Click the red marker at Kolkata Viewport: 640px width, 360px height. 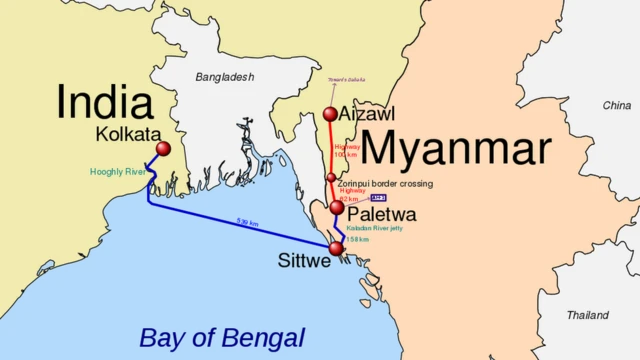(x=164, y=149)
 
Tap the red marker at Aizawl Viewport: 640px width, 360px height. (x=331, y=114)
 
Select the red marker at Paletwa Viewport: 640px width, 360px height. (x=337, y=207)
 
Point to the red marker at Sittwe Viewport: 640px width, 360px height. (x=336, y=247)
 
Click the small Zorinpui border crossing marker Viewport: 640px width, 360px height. (x=331, y=177)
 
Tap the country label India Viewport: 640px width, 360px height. (x=104, y=102)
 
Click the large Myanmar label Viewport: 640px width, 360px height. (x=455, y=149)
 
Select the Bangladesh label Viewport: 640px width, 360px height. (x=225, y=77)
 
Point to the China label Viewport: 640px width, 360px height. (x=616, y=105)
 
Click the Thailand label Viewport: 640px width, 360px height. (x=587, y=315)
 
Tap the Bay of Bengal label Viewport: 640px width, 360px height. (x=222, y=337)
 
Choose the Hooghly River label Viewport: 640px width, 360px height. (x=118, y=172)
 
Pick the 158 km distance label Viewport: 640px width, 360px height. (x=358, y=240)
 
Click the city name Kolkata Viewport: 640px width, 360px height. (x=129, y=134)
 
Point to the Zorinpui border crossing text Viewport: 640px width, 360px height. (x=385, y=184)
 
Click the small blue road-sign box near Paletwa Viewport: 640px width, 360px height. (x=378, y=198)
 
